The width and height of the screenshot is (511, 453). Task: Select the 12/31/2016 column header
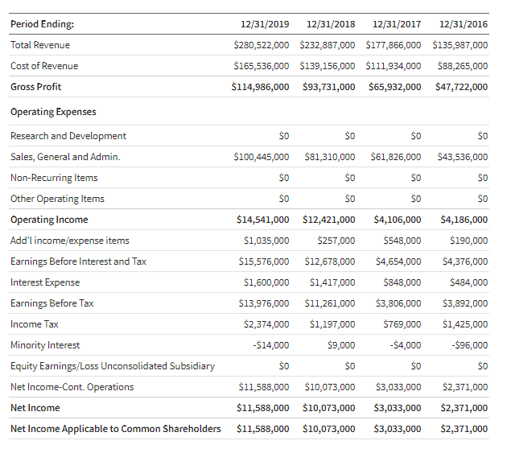click(x=464, y=24)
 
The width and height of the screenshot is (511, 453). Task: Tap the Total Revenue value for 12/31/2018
click(x=327, y=45)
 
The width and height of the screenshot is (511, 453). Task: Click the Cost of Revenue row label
click(x=44, y=66)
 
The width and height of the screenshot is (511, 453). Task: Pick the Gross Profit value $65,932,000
click(x=394, y=87)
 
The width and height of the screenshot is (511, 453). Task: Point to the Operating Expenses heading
click(x=53, y=112)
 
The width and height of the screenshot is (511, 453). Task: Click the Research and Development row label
click(x=68, y=136)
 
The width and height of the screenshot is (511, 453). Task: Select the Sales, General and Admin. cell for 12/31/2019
click(x=262, y=157)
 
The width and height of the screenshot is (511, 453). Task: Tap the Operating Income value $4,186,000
click(x=464, y=220)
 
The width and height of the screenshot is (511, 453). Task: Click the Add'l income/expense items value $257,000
click(x=336, y=241)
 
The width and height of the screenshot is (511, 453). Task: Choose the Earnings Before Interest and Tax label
click(x=78, y=262)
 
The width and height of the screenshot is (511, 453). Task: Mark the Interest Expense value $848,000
click(x=402, y=282)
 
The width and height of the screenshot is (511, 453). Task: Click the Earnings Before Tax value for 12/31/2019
click(x=264, y=303)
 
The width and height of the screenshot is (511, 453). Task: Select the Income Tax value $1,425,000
click(x=465, y=324)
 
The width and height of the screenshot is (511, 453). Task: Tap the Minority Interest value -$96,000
click(x=471, y=345)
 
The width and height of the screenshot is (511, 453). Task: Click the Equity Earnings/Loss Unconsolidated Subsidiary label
click(x=113, y=366)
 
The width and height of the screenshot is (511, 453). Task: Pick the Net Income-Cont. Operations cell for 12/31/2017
click(x=398, y=387)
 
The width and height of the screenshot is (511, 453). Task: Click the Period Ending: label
click(x=42, y=24)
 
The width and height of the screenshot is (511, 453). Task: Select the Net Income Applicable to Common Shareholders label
click(x=116, y=429)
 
